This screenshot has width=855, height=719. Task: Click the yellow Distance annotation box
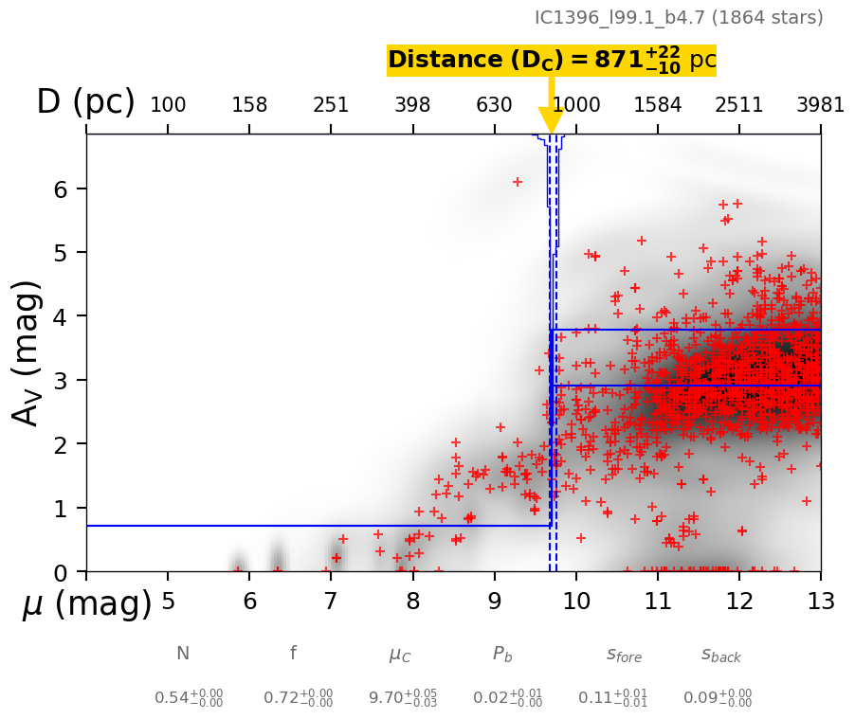click(x=551, y=60)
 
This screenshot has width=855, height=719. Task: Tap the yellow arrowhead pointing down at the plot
click(x=551, y=120)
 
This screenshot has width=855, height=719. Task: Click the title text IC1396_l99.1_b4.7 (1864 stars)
click(x=679, y=18)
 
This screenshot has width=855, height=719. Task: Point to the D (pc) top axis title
click(x=85, y=102)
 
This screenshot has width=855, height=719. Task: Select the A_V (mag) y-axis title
click(x=27, y=352)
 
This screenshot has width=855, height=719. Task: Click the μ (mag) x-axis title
click(x=86, y=603)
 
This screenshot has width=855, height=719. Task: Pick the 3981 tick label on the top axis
click(x=820, y=105)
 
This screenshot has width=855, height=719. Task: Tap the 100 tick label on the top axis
click(x=168, y=105)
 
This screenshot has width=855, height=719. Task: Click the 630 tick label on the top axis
click(x=494, y=105)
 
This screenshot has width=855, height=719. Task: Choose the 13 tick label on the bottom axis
click(x=820, y=602)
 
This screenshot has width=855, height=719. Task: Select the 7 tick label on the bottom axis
click(x=331, y=602)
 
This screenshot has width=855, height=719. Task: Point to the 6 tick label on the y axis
click(x=63, y=189)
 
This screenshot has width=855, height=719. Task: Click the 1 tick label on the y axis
click(x=63, y=509)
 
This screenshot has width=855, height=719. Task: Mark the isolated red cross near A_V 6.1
click(x=518, y=182)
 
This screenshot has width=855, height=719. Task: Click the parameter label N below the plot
click(x=183, y=654)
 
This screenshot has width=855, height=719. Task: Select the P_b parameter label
click(x=503, y=654)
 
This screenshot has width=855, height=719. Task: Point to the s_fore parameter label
click(x=624, y=655)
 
